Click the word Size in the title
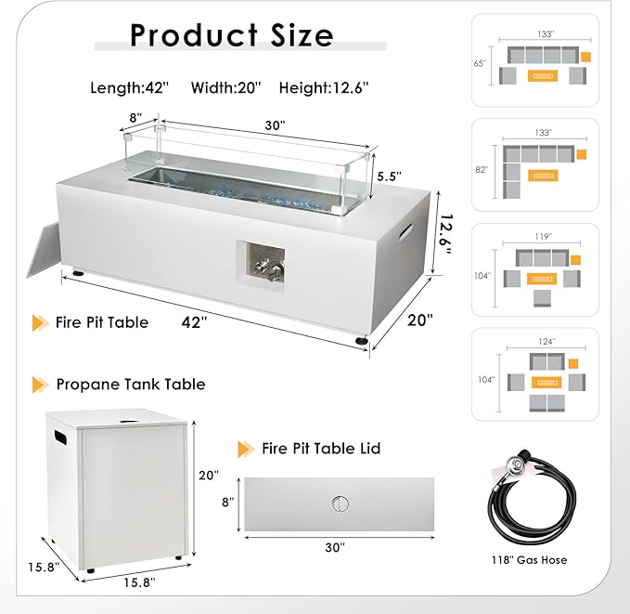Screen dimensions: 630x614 302,35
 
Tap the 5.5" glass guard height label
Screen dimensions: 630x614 389,176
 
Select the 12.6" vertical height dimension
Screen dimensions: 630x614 446,234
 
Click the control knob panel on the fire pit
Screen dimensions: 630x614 261,264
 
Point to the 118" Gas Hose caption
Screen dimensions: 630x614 529,560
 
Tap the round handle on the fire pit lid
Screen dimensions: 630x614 340,503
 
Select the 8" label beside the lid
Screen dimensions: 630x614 228,502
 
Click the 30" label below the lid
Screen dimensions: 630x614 335,547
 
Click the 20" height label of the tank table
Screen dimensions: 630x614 209,476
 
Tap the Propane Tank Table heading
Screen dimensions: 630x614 131,385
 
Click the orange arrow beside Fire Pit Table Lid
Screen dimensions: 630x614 246,449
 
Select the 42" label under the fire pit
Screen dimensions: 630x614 195,322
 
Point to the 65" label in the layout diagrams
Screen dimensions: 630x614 480,63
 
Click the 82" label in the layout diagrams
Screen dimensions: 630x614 482,170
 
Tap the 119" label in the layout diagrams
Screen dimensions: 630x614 541,237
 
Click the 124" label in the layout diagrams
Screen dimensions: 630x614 546,342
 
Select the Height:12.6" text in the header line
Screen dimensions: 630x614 324,87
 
